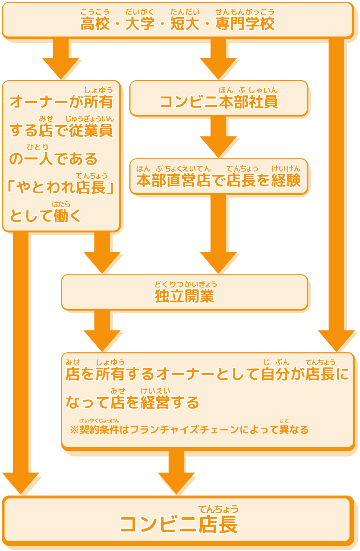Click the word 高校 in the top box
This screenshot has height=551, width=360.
pyautogui.click(x=95, y=24)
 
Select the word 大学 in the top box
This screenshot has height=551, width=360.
pyautogui.click(x=140, y=24)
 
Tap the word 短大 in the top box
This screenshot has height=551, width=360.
pyautogui.click(x=185, y=24)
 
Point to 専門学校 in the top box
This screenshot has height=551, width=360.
pyautogui.click(x=245, y=24)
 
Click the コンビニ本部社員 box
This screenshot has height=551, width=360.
pyautogui.click(x=219, y=99)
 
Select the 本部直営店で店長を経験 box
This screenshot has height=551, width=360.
pyautogui.click(x=219, y=177)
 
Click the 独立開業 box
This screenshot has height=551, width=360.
pyautogui.click(x=184, y=293)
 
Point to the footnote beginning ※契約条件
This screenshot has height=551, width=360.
pyautogui.click(x=189, y=430)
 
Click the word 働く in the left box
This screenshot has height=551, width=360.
pyautogui.click(x=67, y=216)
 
